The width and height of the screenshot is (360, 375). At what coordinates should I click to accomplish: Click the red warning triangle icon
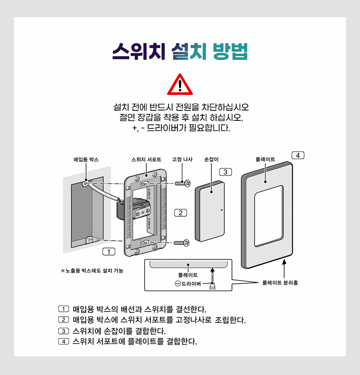pos(180,84)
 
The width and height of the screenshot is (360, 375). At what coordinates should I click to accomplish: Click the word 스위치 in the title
pos(139,51)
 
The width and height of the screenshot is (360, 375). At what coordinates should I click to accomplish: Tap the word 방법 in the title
pos(230,51)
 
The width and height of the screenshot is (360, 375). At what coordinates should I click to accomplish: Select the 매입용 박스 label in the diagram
pos(86,160)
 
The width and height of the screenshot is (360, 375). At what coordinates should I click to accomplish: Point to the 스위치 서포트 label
pos(146,160)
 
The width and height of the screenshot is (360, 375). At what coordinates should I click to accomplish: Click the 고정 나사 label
pos(182,160)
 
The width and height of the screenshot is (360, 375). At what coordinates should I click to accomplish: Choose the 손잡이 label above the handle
pos(211,160)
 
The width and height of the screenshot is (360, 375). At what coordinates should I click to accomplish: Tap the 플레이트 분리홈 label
pos(280,283)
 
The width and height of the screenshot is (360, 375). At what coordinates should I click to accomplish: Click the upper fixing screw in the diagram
pos(183,183)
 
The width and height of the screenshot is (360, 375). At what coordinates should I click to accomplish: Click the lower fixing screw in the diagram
pos(181,243)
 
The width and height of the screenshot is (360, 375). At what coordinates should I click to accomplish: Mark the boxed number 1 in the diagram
pos(109,252)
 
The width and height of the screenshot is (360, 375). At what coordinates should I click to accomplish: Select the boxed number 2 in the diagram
pos(181,213)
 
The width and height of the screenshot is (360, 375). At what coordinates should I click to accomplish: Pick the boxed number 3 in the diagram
pos(225,172)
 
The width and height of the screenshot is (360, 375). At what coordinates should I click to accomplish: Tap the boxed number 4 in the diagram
pos(298,155)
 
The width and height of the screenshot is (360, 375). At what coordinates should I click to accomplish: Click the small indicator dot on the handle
pos(221,210)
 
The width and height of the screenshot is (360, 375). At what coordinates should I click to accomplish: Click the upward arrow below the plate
pos(284,269)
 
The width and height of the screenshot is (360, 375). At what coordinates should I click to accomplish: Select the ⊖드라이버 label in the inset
pos(188,284)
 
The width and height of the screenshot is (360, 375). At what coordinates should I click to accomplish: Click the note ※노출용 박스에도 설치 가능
pos(92,271)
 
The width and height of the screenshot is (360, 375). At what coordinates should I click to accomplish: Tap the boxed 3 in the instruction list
pos(63,331)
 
